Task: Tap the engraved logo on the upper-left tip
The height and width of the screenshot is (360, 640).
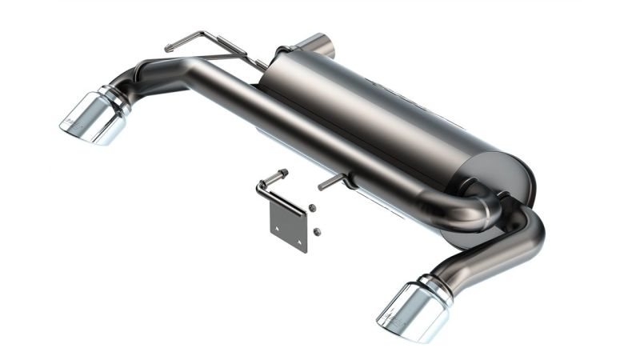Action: [73, 122]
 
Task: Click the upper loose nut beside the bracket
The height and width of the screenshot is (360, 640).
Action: [311, 209]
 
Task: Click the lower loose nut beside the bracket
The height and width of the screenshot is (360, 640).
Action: [317, 232]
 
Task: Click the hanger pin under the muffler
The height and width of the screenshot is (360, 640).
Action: [332, 182]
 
